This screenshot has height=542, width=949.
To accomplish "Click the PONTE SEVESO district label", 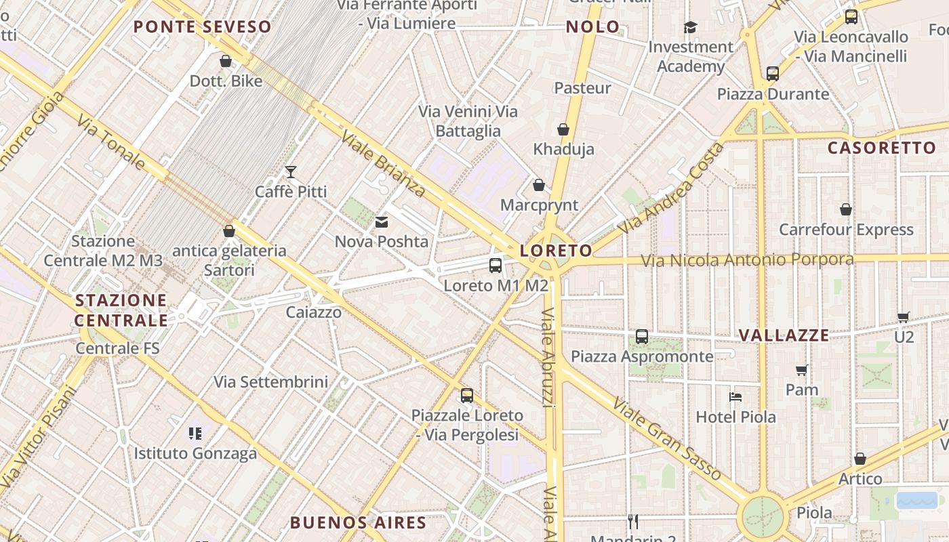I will [x=202, y=27].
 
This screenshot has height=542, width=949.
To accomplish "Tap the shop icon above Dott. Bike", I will [x=226, y=62].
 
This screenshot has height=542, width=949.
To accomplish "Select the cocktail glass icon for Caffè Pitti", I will [x=291, y=172].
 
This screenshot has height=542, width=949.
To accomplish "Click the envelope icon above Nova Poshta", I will [x=382, y=222].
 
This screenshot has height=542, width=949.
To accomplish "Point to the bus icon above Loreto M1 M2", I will [x=496, y=266].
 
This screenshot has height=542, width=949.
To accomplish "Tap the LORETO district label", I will [x=556, y=251].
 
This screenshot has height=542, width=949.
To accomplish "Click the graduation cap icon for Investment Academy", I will [x=690, y=27].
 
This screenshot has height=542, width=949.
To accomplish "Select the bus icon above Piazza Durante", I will [x=772, y=74].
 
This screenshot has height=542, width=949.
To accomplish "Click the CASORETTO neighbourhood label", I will [x=881, y=148].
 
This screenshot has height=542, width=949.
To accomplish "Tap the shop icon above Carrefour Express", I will [x=845, y=210].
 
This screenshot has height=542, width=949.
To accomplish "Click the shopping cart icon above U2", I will [x=903, y=316].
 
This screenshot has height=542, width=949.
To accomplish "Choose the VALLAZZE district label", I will [x=784, y=335].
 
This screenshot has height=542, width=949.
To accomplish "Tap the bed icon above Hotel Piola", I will [x=735, y=396].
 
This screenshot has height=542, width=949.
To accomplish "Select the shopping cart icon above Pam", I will [x=802, y=370].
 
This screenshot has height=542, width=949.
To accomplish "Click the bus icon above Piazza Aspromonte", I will [x=641, y=336].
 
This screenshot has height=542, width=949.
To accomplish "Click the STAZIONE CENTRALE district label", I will [x=121, y=310].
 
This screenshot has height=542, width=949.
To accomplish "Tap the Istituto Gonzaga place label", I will [x=195, y=453].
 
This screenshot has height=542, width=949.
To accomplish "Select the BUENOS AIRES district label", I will [x=358, y=523].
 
